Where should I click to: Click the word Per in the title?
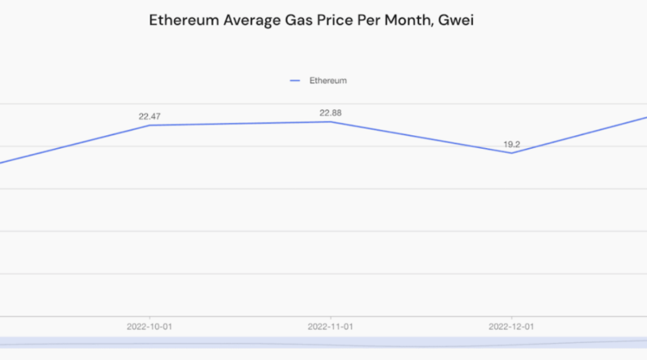point(376,21)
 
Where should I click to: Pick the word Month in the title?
point(414,21)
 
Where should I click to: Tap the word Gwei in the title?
point(457,21)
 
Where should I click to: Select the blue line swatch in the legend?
point(295,81)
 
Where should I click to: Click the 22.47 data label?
point(150,116)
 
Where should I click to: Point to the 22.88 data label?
point(330,112)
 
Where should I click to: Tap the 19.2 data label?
point(512,144)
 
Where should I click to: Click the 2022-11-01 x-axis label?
point(330,327)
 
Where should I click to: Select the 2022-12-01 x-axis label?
point(512,327)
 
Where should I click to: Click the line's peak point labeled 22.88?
point(330,122)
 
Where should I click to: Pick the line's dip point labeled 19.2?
point(512,153)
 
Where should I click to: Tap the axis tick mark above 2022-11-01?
point(330,318)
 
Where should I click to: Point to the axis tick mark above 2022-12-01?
point(512,318)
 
